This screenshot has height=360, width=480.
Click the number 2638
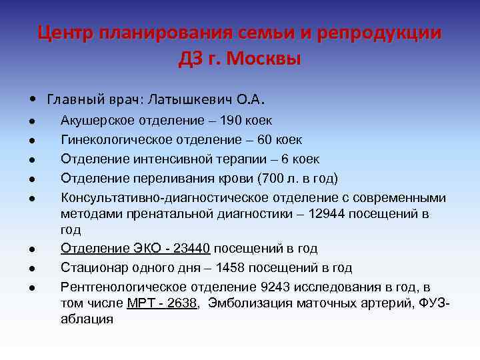point(180,303)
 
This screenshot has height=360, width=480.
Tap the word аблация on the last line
point(87,319)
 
